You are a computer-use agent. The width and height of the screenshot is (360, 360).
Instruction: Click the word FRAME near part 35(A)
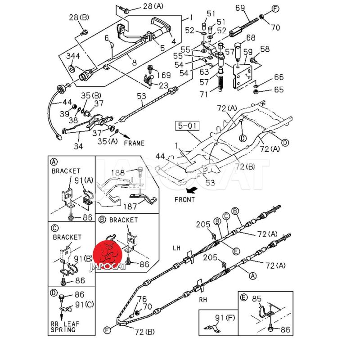[x=135, y=143]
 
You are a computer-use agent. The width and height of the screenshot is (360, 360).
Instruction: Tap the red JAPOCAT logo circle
[x=107, y=255]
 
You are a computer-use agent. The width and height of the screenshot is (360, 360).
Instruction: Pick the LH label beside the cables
[x=177, y=248]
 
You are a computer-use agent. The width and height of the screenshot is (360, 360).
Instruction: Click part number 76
[x=142, y=299]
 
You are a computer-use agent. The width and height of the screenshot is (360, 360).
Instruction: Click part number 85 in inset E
[x=257, y=298]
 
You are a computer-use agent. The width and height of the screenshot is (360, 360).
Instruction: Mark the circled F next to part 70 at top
[x=275, y=9]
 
